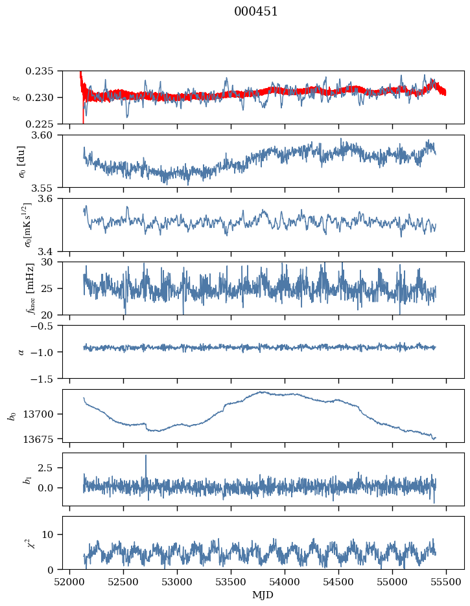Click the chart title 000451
tap(256, 12)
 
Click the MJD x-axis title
tap(263, 594)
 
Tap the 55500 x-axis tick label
tap(446, 581)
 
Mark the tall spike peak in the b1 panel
tap(146, 456)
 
